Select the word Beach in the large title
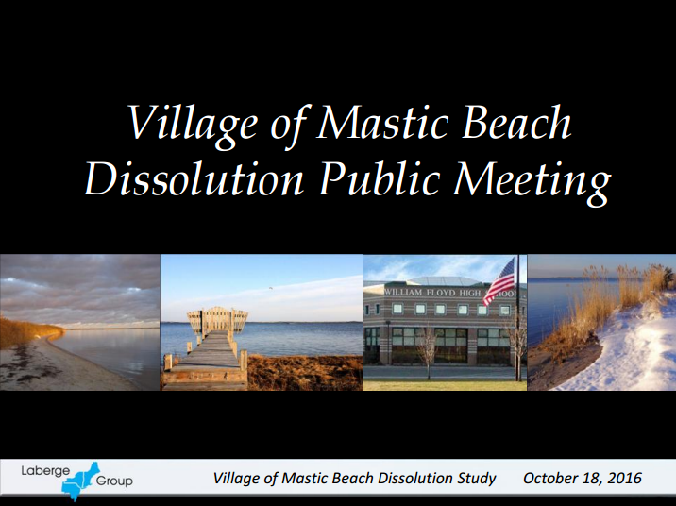[517, 122]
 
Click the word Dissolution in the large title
[194, 178]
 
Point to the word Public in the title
[379, 178]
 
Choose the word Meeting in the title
[532, 181]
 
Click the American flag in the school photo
[500, 281]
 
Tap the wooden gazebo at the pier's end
[218, 320]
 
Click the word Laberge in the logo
[45, 471]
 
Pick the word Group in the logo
[114, 481]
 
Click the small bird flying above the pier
[270, 288]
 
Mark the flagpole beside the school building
[518, 318]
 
